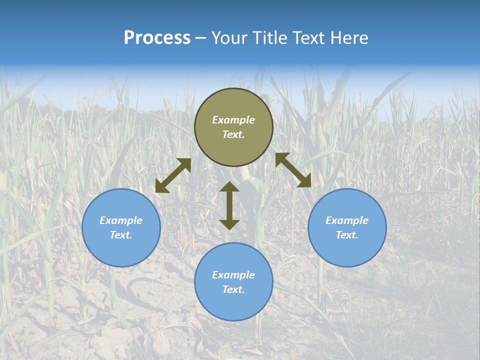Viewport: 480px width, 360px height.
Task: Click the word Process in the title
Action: [x=157, y=38]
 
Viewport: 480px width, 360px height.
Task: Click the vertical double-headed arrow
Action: [x=229, y=205]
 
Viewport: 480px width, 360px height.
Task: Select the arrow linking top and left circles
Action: [x=173, y=175]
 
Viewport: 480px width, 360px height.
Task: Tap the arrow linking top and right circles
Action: [x=293, y=170]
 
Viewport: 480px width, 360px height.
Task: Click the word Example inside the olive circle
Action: [x=233, y=120]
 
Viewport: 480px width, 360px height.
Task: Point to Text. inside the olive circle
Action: [x=233, y=134]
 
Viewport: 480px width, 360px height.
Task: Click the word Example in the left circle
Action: [x=121, y=220]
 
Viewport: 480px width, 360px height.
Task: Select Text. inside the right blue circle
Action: [x=347, y=235]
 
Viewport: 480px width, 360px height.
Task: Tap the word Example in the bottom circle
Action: [x=233, y=275]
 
